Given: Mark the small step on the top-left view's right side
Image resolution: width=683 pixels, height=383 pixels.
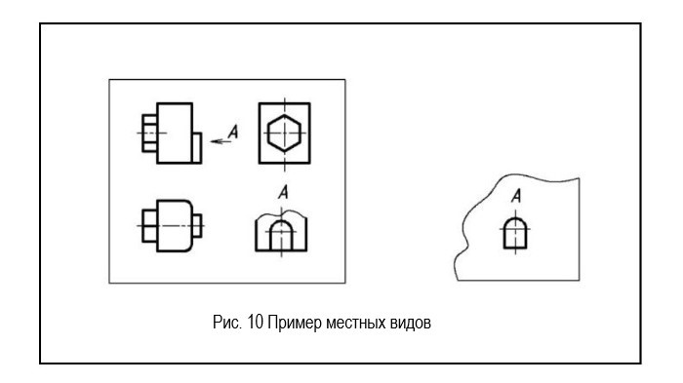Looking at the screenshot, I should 197,147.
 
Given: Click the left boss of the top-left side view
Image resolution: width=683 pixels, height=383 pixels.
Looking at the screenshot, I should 148,132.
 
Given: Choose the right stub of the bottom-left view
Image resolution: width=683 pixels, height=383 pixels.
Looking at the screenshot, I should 198,224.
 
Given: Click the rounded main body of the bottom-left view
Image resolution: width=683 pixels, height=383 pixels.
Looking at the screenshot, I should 173,224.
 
